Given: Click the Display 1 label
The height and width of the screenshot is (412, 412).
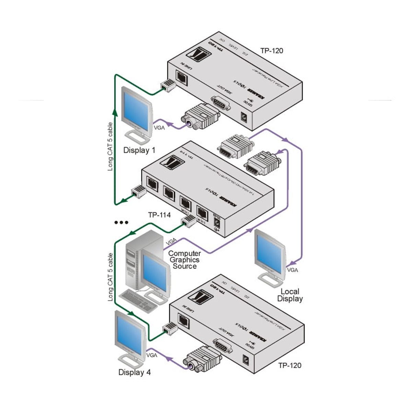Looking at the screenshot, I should [x=139, y=150].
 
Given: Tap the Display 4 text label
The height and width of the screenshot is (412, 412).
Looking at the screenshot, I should [x=134, y=372].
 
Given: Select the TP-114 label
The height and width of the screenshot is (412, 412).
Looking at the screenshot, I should [x=159, y=215].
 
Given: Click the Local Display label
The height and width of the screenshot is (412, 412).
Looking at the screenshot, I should [x=290, y=295].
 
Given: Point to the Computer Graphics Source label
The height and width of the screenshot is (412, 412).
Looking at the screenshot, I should [x=184, y=260].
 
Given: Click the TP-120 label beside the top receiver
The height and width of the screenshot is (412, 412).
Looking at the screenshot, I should [x=272, y=50].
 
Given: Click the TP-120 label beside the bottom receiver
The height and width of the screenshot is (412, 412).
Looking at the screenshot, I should [x=290, y=365].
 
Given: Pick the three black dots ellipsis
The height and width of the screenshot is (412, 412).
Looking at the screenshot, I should [x=121, y=222].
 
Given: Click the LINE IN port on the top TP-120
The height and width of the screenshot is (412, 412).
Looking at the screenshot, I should [x=181, y=78].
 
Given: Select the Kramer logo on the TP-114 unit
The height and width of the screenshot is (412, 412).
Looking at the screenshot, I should [x=172, y=162].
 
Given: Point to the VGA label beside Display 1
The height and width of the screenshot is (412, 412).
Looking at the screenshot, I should [x=159, y=127].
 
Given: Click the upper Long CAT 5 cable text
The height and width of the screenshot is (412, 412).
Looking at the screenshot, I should [x=110, y=147].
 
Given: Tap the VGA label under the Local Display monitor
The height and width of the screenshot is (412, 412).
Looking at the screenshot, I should [x=293, y=270].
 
